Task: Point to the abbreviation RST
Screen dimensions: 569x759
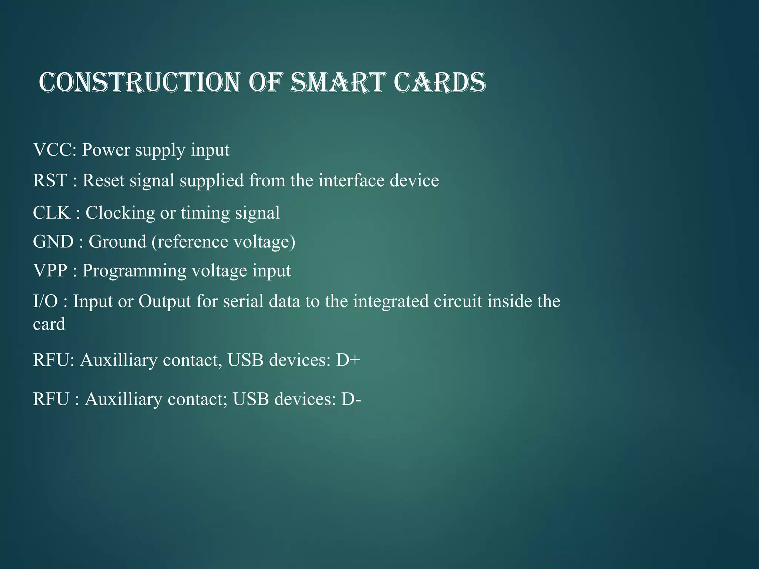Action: point(50,181)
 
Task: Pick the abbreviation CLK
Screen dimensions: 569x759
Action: point(52,213)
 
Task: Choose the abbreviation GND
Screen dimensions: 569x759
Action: point(53,242)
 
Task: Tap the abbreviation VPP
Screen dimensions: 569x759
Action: point(50,271)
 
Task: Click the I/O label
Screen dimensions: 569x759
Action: point(45,301)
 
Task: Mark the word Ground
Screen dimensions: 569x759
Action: point(117,242)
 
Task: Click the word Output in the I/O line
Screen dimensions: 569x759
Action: point(165,301)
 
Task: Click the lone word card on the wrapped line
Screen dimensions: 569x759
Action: point(49,324)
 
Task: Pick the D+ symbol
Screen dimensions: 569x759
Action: point(348,360)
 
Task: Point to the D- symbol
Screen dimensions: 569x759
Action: point(351,399)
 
